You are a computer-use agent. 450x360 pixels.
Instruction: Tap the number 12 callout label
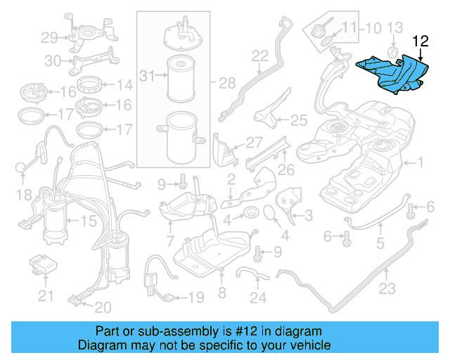click(420, 41)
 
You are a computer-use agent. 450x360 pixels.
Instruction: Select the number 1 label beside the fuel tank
click(421, 163)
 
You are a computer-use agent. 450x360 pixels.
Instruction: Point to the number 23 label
click(387, 288)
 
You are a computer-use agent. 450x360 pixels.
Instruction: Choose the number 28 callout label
click(227, 84)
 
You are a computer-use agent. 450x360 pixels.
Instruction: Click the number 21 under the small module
click(46, 296)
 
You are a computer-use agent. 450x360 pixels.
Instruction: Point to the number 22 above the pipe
click(260, 56)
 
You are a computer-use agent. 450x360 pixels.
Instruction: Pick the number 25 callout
click(299, 120)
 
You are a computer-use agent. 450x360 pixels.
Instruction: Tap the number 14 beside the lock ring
click(124, 86)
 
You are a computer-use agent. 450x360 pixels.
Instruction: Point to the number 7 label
click(170, 244)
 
